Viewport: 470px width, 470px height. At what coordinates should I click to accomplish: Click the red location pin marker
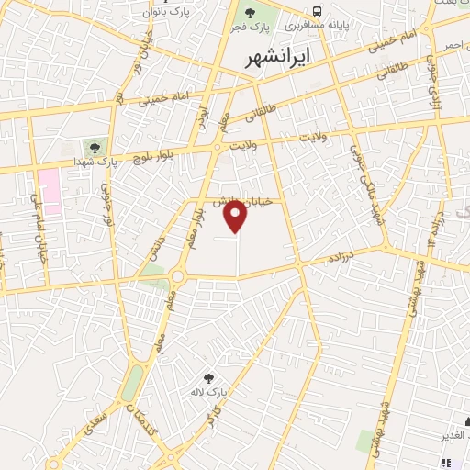(x=237, y=216)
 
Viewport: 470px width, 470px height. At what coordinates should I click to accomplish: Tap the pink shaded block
(x=50, y=191)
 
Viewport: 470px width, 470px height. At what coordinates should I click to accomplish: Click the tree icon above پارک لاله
(x=210, y=377)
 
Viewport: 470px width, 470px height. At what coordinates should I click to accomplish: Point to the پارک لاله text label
(x=210, y=393)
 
